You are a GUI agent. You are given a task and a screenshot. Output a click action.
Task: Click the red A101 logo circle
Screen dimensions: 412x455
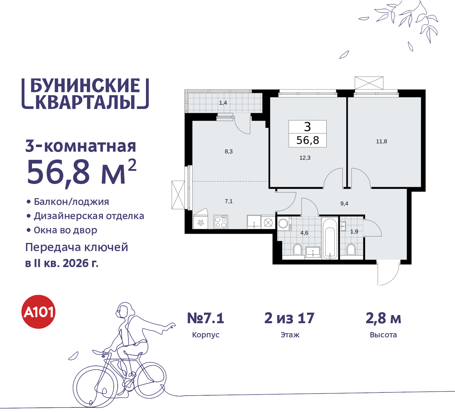pyautogui.click(x=39, y=312)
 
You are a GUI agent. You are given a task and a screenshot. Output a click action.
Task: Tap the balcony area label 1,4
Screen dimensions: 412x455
pyautogui.click(x=223, y=103)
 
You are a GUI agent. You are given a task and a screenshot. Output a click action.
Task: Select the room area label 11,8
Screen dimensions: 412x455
pyautogui.click(x=381, y=141)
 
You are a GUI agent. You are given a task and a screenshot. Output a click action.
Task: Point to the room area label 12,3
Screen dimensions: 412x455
pyautogui.click(x=305, y=158)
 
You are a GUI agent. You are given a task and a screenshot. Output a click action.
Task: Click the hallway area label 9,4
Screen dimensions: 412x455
pyautogui.click(x=344, y=204)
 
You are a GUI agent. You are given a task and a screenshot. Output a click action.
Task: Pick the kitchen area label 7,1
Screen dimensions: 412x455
pyautogui.click(x=229, y=201)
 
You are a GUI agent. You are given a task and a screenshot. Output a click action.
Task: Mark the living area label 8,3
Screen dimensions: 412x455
pyautogui.click(x=229, y=151)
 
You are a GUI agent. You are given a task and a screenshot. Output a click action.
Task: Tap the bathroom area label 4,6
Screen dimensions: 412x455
pyautogui.click(x=304, y=233)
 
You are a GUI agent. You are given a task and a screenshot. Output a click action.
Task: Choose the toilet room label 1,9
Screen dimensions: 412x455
pyautogui.click(x=354, y=232)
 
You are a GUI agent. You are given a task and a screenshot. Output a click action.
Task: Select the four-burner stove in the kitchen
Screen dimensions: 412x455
pyautogui.click(x=221, y=222)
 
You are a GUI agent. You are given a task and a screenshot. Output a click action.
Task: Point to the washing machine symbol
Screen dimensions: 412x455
pyautogui.click(x=284, y=223)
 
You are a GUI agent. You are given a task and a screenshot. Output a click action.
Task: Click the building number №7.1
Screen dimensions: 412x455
pyautogui.click(x=206, y=318)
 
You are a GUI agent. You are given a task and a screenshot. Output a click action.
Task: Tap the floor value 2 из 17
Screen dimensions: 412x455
pyautogui.click(x=289, y=318)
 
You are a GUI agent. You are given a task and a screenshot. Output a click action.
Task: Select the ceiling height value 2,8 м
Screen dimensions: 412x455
pyautogui.click(x=383, y=318)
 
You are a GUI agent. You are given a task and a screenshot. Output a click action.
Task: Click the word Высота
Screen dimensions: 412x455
pyautogui.click(x=383, y=335)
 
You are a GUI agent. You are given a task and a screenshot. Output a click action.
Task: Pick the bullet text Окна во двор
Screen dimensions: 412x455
pyautogui.click(x=65, y=230)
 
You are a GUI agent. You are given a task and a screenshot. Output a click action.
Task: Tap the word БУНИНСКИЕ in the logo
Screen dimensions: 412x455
pyautogui.click(x=85, y=86)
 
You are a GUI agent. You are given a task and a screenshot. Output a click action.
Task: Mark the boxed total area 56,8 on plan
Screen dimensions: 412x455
pyautogui.click(x=308, y=140)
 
